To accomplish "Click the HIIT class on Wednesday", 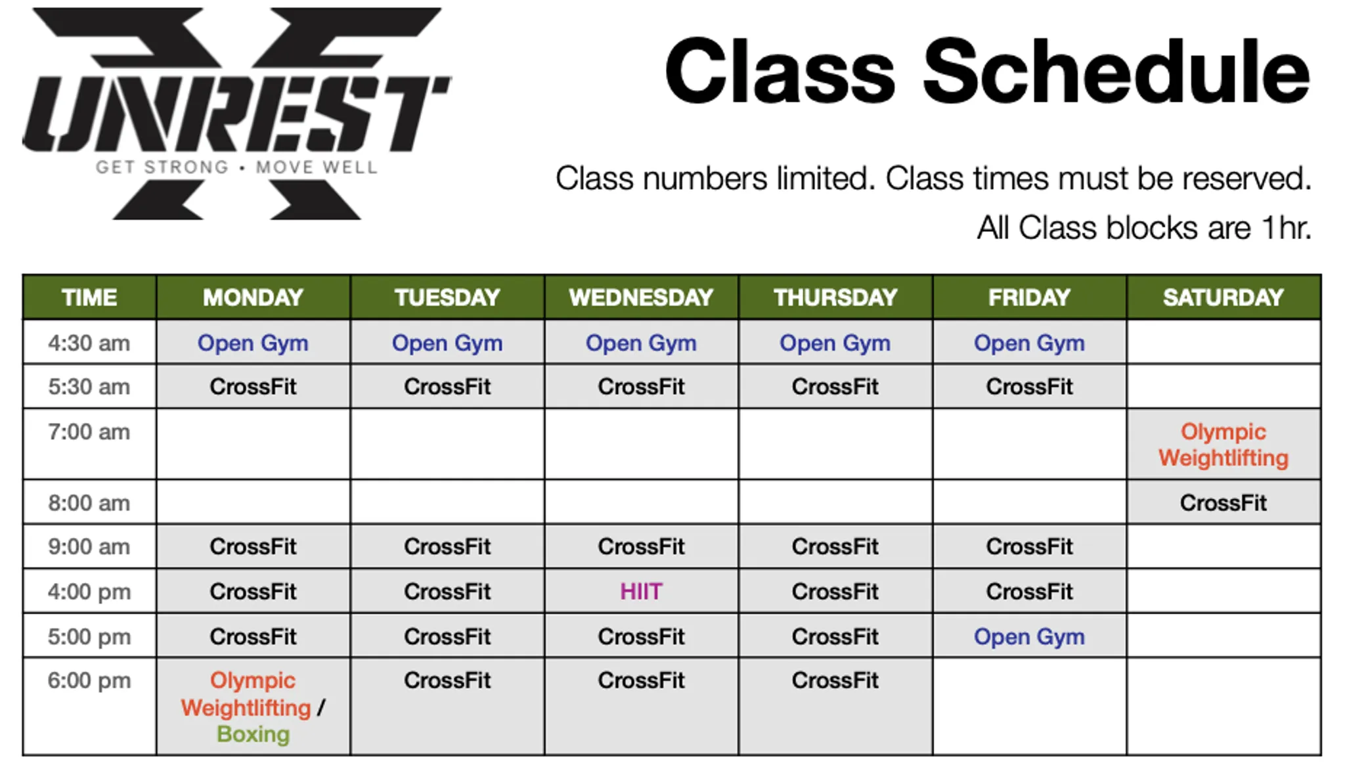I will click(641, 592).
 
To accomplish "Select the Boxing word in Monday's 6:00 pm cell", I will click(253, 734).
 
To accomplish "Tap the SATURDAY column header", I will click(1223, 297).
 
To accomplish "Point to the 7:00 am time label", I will click(89, 432).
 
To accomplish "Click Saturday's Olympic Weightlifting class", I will click(1223, 445).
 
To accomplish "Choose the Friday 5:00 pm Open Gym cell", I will click(1029, 636).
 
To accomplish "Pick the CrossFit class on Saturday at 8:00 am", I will click(1223, 503).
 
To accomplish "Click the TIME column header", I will click(89, 297).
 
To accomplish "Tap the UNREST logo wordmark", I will click(236, 114).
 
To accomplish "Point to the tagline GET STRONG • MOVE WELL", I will click(236, 167).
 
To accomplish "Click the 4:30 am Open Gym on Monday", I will click(253, 343).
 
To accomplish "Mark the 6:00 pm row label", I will click(89, 681).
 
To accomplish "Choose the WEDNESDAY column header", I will click(641, 297).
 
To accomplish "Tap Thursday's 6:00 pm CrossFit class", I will click(835, 681).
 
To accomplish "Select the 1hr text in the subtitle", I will click(1286, 228).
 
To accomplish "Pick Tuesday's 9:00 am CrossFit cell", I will click(447, 546).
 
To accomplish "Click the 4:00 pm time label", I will click(89, 592).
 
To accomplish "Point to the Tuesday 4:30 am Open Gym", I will click(447, 343).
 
